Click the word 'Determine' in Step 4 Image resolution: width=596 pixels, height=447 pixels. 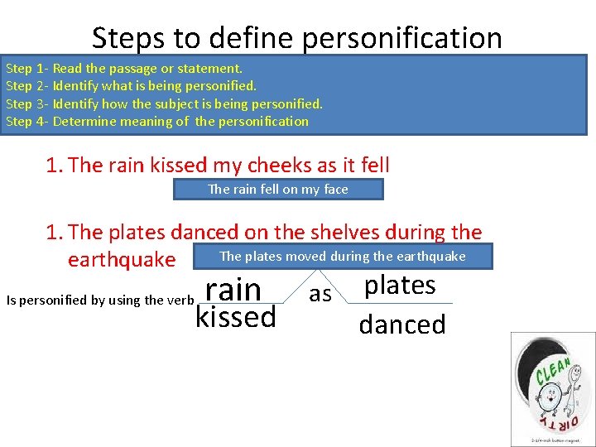click(x=84, y=122)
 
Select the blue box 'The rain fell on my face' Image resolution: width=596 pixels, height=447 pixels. click(x=278, y=190)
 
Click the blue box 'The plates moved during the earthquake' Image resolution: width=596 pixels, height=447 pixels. click(x=343, y=257)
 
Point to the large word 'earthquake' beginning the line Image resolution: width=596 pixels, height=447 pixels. click(x=122, y=260)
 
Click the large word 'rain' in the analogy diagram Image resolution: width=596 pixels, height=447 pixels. click(x=233, y=290)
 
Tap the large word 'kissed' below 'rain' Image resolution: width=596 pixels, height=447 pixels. click(x=236, y=317)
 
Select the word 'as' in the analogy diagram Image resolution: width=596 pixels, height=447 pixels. click(x=320, y=294)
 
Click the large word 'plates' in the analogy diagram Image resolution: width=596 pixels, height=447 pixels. click(x=400, y=285)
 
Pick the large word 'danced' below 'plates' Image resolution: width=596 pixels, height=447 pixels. click(x=402, y=324)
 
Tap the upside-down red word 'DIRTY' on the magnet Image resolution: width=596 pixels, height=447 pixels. click(x=552, y=418)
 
